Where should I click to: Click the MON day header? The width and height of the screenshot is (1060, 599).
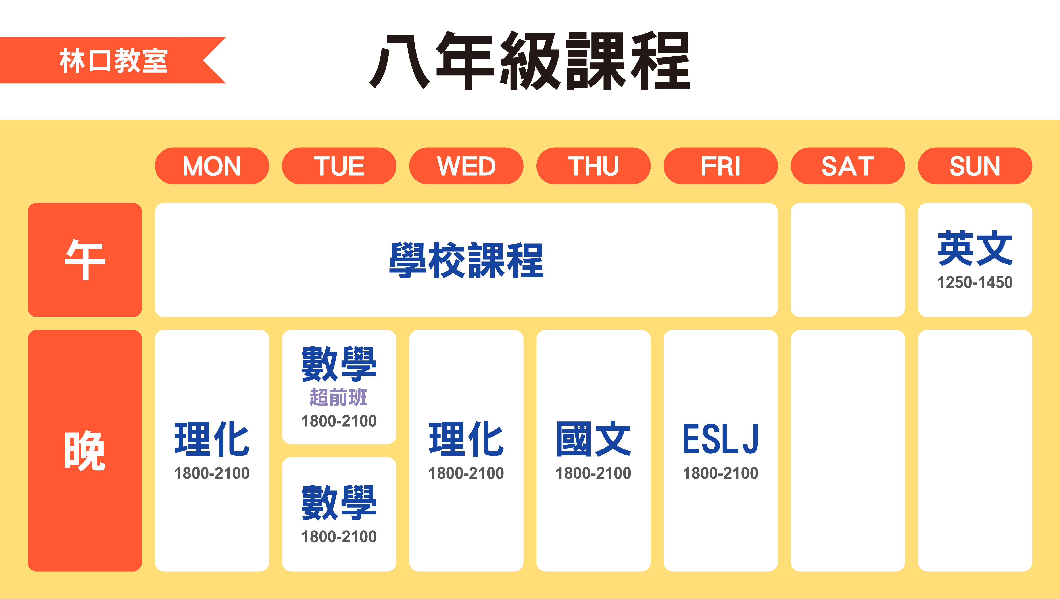tap(212, 166)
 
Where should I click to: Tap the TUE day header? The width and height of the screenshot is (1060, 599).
tap(339, 166)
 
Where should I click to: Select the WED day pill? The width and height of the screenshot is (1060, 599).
tap(466, 166)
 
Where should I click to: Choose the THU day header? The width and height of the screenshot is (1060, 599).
tap(593, 166)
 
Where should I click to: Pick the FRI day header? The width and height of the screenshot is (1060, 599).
tap(720, 166)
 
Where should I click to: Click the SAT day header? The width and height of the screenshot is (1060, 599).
tap(848, 166)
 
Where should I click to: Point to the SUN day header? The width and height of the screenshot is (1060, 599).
tap(975, 166)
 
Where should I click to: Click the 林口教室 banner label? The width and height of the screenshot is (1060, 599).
tap(113, 60)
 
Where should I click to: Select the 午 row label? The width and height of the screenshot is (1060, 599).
tap(85, 260)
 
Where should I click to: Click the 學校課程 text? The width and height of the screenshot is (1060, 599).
tap(466, 260)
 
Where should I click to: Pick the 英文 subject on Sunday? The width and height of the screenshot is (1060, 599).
tap(975, 248)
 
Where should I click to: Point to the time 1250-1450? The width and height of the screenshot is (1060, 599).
tap(975, 282)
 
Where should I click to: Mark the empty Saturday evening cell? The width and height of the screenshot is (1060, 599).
tap(848, 451)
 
